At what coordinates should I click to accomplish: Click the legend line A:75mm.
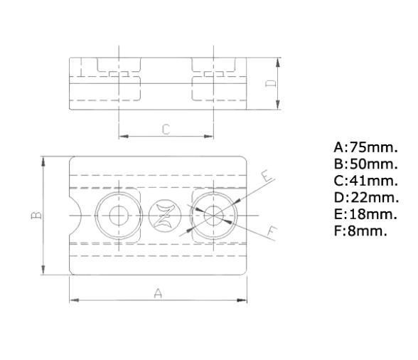tap(365, 148)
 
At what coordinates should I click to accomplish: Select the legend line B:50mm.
tap(365, 164)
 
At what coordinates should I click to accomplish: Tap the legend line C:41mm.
tap(365, 181)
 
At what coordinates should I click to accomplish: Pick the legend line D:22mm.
tap(365, 197)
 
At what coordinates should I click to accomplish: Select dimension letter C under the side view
tap(165, 129)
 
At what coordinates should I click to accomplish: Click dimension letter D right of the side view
tap(269, 83)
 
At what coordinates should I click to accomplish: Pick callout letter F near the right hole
tap(272, 230)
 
